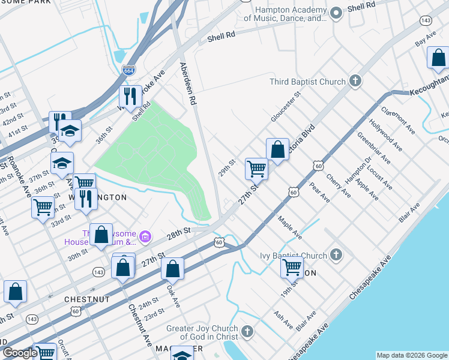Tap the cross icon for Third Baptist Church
pyautogui.click(x=355, y=81)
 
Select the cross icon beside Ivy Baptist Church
pyautogui.click(x=336, y=256)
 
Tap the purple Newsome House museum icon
pyautogui.click(x=145, y=237)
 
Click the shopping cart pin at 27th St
pyautogui.click(x=256, y=169)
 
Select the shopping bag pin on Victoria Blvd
pyautogui.click(x=278, y=150)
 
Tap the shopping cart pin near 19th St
pyautogui.click(x=292, y=266)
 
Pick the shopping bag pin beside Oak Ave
pyautogui.click(x=172, y=269)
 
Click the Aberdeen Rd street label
pyautogui.click(x=186, y=85)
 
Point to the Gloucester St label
pyautogui.click(x=285, y=107)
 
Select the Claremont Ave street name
pyautogui.click(x=398, y=120)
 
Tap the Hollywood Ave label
pyautogui.click(x=385, y=133)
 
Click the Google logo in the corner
pyautogui.click(x=20, y=353)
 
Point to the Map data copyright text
pyautogui.click(x=411, y=355)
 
